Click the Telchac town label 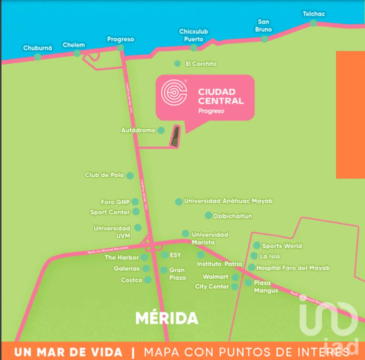(x=314, y=14)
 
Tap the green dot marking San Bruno (x=264, y=39)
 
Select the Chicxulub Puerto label (x=193, y=35)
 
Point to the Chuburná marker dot (x=37, y=57)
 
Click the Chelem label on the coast (x=74, y=45)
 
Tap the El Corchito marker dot (x=177, y=63)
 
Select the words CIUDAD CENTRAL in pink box (x=221, y=96)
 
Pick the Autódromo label (x=138, y=130)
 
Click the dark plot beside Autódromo (x=175, y=136)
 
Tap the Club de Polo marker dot (x=130, y=176)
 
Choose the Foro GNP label (x=115, y=202)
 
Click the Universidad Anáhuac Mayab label (x=228, y=201)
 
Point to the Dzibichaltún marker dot (x=208, y=215)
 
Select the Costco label (x=131, y=280)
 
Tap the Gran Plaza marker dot (x=164, y=270)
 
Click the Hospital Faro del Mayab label (x=293, y=267)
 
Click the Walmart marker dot (x=235, y=277)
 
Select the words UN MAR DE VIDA (x=68, y=352)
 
